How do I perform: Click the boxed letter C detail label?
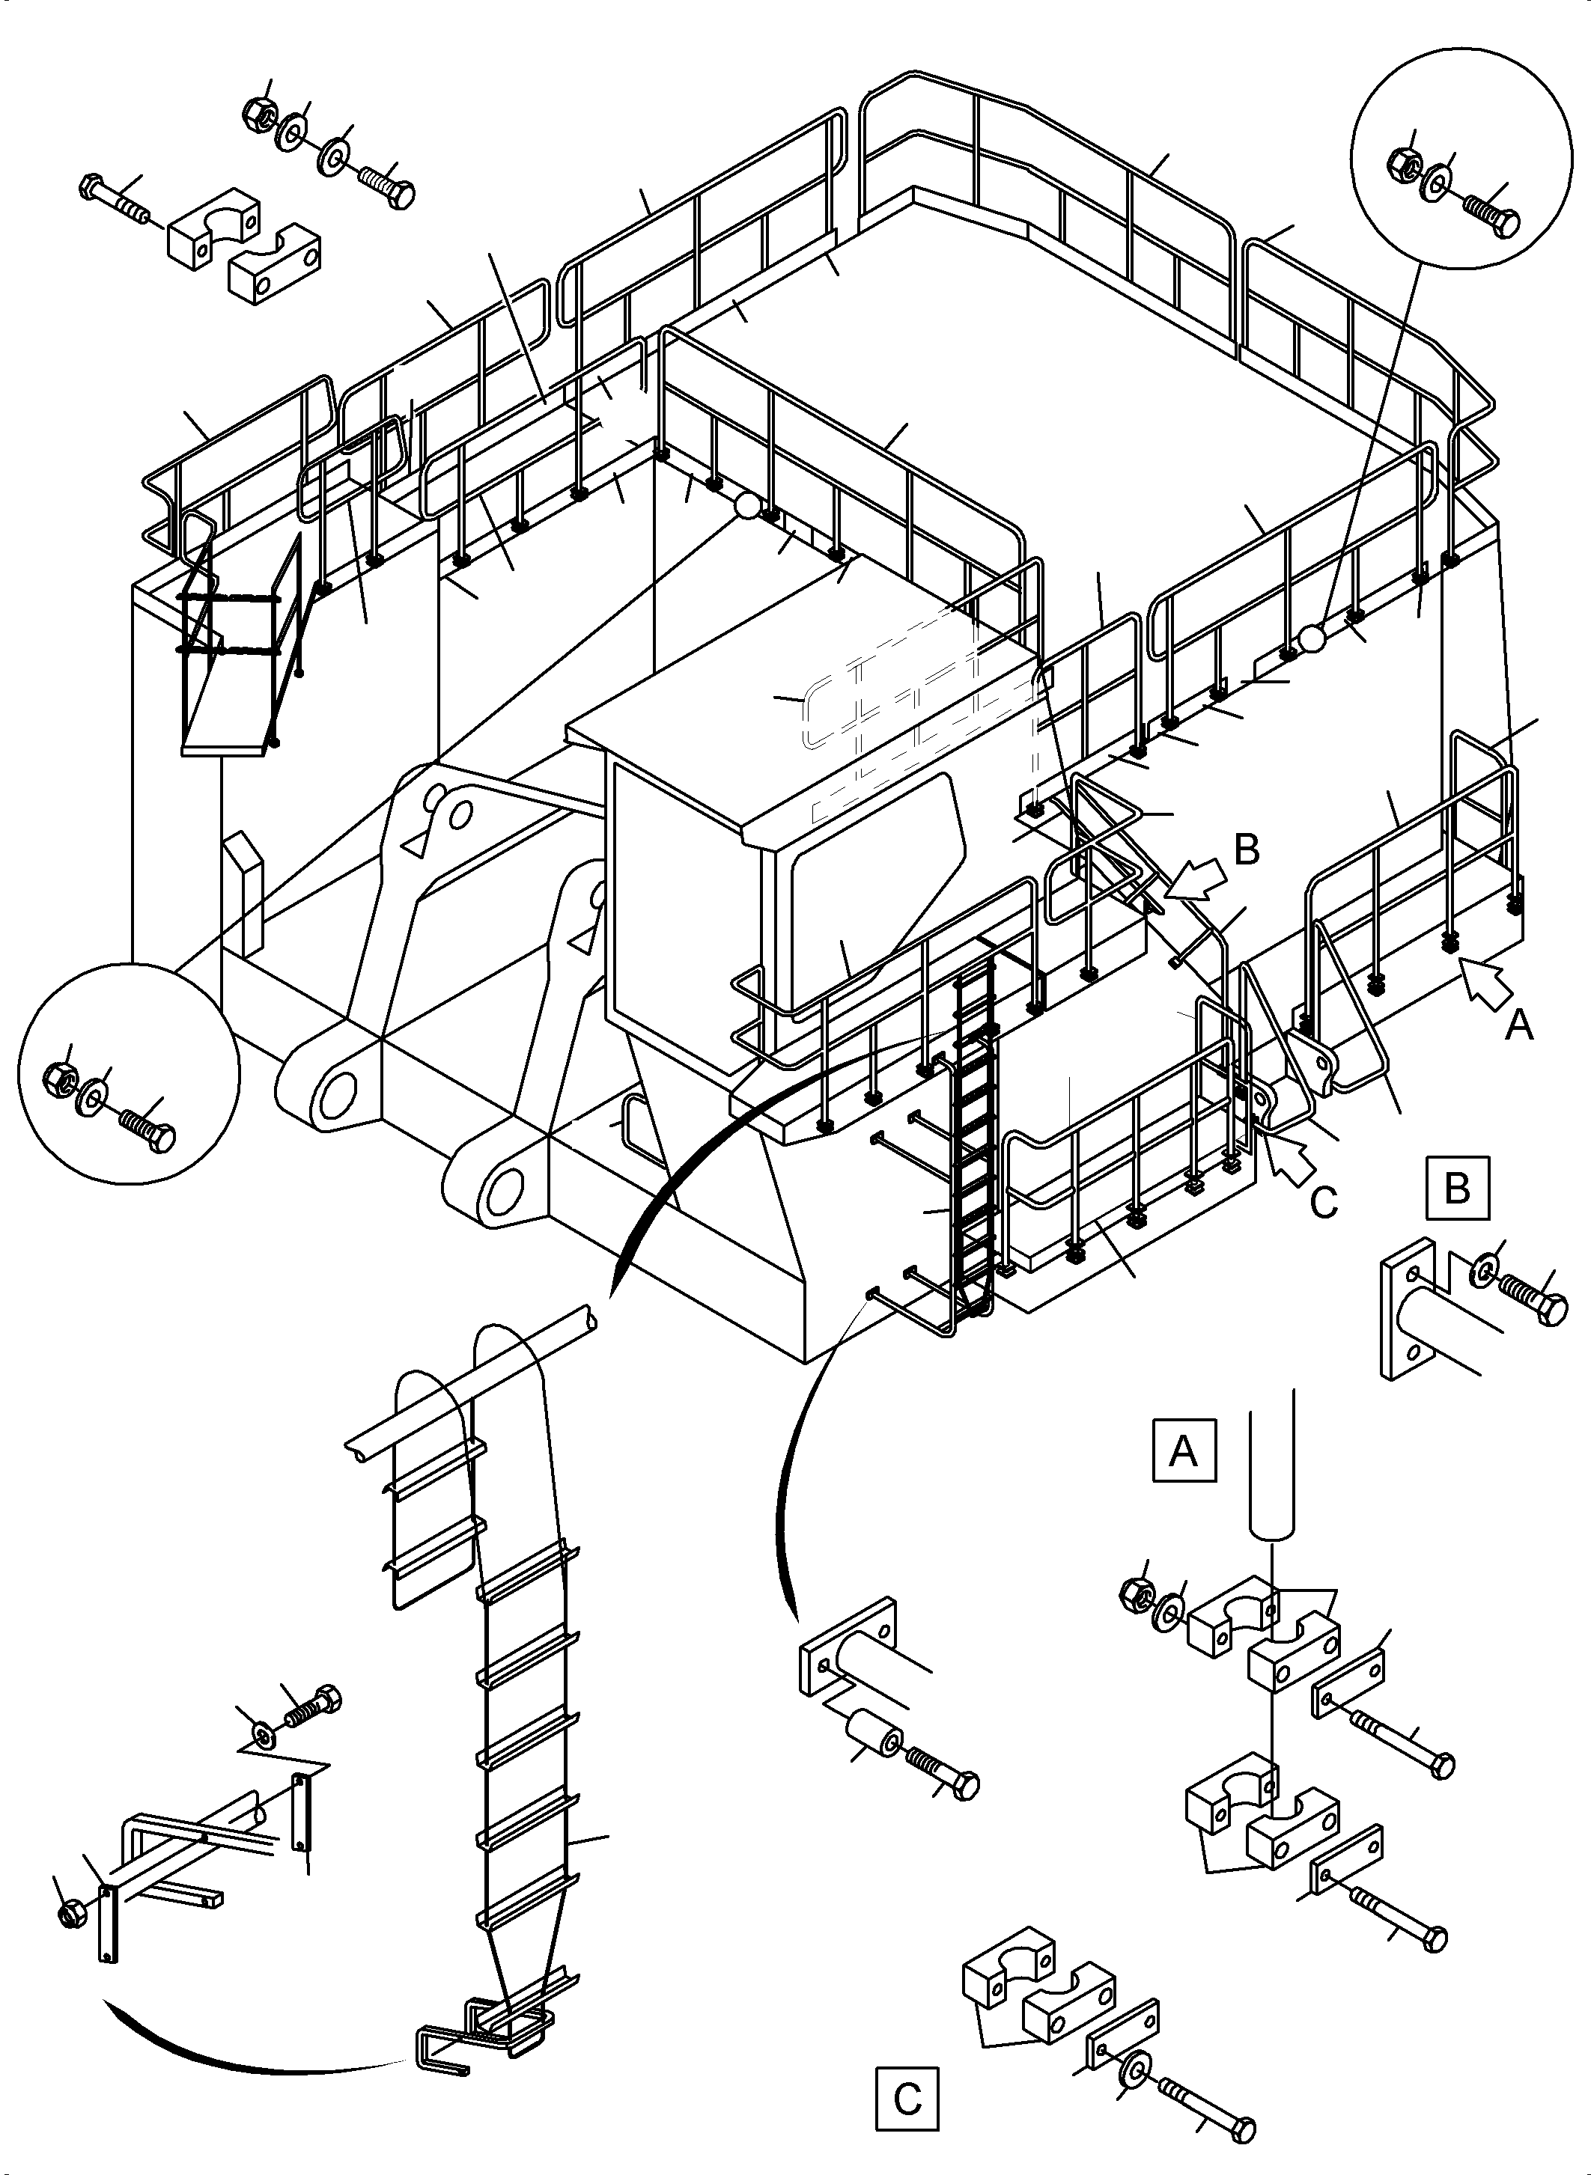click(x=907, y=2099)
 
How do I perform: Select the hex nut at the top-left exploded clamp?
click(x=258, y=113)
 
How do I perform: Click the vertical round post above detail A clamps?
click(x=1271, y=1474)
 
